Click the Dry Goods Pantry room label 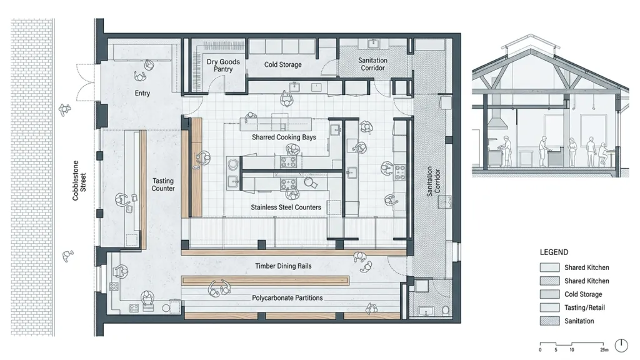tap(223, 65)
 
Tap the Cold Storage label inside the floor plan tap(283, 64)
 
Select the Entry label tap(142, 93)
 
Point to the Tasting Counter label tap(163, 184)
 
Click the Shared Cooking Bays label tap(284, 137)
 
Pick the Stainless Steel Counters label tap(286, 207)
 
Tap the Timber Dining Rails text tap(283, 266)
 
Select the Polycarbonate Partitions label tap(287, 298)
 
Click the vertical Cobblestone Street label tap(79, 181)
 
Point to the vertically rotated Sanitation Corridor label tap(433, 182)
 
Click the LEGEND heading tap(554, 252)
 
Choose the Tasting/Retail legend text tap(584, 307)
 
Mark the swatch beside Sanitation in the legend tap(549, 321)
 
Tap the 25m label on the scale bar tap(604, 350)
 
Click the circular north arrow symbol tap(621, 345)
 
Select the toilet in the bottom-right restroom tap(446, 311)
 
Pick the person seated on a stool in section tap(602, 154)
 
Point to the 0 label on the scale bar tap(540, 350)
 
